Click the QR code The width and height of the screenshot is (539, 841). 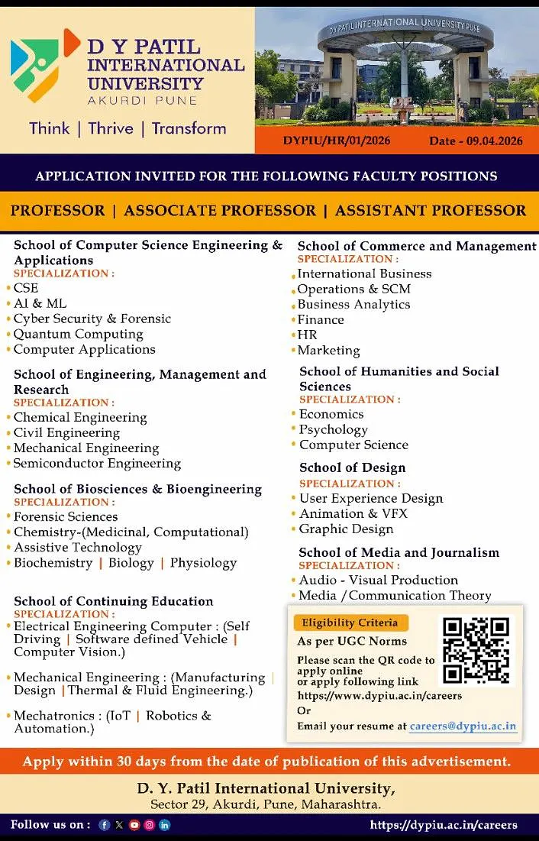click(x=476, y=649)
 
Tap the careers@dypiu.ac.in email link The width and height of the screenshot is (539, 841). click(x=463, y=726)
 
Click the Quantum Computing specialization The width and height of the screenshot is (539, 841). click(x=78, y=334)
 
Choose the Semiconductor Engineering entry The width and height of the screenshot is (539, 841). click(x=97, y=464)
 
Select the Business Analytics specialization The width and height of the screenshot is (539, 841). click(x=353, y=304)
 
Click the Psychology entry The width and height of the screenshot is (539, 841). click(x=333, y=429)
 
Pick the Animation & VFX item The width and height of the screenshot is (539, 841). click(x=353, y=513)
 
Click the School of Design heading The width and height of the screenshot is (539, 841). click(x=352, y=467)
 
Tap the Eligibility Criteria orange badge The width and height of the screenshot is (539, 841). click(x=351, y=623)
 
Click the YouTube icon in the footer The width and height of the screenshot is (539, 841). click(x=134, y=825)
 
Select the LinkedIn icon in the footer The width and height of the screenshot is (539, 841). click(x=165, y=825)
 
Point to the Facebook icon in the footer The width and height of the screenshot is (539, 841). click(x=105, y=825)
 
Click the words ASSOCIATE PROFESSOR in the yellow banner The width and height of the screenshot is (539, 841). click(x=219, y=211)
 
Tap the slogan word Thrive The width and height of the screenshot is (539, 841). click(x=111, y=128)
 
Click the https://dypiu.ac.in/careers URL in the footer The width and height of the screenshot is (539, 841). click(x=444, y=825)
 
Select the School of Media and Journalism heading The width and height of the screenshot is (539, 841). click(x=399, y=552)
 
